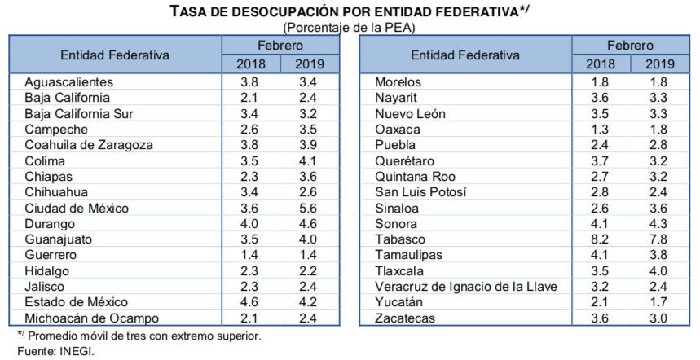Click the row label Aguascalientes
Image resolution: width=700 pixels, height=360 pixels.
[68, 82]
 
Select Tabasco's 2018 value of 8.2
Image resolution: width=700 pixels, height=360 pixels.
[600, 239]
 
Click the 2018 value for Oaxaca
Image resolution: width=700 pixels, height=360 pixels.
[600, 130]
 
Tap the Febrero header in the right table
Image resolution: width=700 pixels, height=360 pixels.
[629, 46]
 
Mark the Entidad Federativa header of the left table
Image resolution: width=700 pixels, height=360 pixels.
[115, 55]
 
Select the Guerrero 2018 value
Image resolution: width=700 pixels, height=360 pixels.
[250, 255]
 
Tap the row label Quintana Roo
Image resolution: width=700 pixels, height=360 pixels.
[412, 176]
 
